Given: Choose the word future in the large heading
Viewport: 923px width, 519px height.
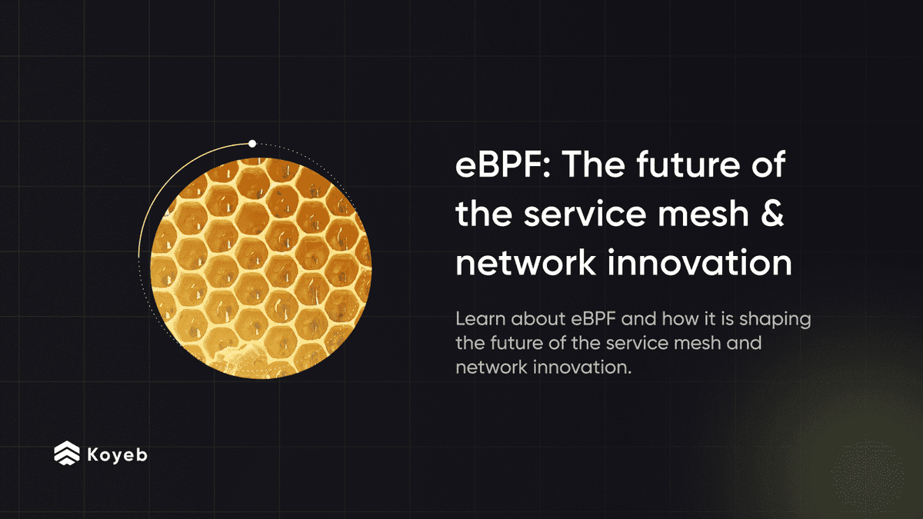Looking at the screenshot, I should click(x=691, y=167).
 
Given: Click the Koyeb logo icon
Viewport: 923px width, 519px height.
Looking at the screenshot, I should click(x=66, y=454).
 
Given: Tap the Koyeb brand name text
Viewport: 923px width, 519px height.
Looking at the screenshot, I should click(x=117, y=454).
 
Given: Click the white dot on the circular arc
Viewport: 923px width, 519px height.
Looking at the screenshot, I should click(x=252, y=143).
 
